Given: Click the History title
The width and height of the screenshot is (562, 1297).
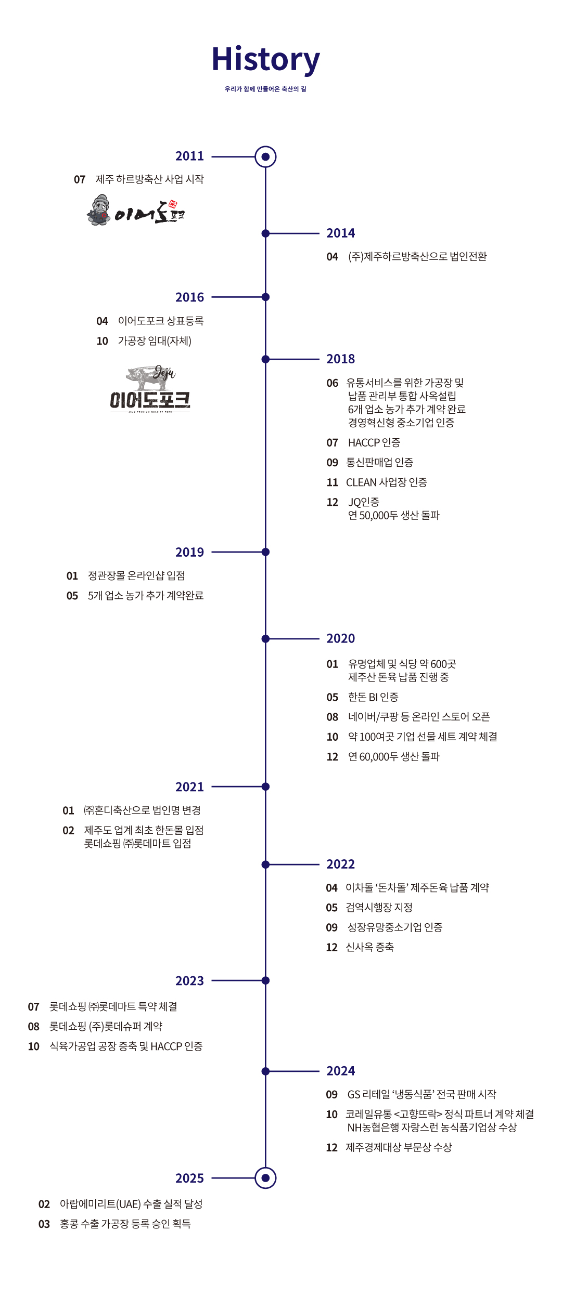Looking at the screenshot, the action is [x=265, y=60].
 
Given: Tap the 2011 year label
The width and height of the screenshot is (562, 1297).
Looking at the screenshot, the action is [x=189, y=156].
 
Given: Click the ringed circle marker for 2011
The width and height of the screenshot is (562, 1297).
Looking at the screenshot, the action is [x=265, y=156].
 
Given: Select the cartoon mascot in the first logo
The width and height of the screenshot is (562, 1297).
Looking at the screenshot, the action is [x=99, y=210].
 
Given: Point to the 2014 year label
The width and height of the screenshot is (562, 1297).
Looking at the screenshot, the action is [x=340, y=233].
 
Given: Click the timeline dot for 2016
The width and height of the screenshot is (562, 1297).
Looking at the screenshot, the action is [x=265, y=297].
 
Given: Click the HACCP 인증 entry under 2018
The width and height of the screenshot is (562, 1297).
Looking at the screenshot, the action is [x=374, y=442].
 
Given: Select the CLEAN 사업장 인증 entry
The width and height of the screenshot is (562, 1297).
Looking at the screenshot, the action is [x=387, y=482].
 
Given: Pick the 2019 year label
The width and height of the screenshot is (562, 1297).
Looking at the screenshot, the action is [x=189, y=552].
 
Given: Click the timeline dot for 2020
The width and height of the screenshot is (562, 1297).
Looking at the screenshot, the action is [x=265, y=639].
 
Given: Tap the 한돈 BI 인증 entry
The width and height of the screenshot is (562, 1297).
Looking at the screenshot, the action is [x=373, y=697].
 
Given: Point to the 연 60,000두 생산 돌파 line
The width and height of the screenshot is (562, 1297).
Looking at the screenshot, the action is [x=394, y=757].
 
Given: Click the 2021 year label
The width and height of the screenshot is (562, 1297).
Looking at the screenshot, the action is [x=189, y=787].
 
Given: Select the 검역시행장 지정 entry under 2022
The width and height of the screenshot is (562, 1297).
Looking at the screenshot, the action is [x=379, y=908].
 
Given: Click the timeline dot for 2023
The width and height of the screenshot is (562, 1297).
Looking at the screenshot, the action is [x=265, y=981].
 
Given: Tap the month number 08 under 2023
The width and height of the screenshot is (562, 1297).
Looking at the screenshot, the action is [x=34, y=1027].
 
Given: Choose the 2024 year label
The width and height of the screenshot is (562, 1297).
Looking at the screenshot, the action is [x=340, y=1071].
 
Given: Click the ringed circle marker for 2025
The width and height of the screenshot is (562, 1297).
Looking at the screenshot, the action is [x=265, y=1178].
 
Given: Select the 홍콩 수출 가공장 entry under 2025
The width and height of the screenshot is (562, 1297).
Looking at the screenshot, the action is [x=125, y=1224].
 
